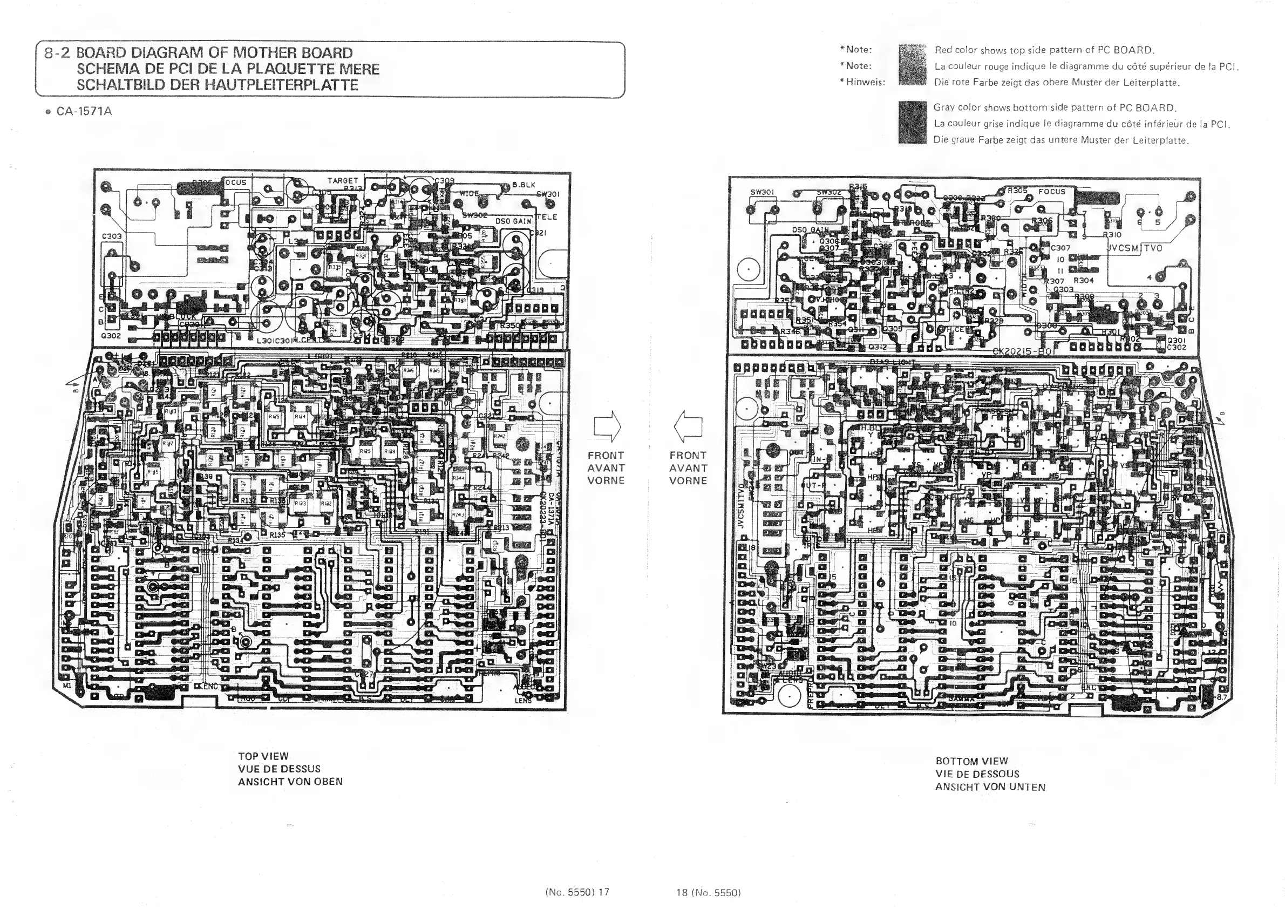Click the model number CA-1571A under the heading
(x=84, y=111)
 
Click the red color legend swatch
(x=912, y=64)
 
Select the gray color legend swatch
(x=912, y=123)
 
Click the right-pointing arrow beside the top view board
(x=607, y=426)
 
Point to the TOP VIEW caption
(x=263, y=756)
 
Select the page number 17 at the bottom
(x=603, y=892)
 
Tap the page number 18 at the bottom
(x=682, y=892)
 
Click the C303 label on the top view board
(x=111, y=236)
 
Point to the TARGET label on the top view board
(x=343, y=181)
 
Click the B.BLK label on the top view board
(x=523, y=185)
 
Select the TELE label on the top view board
(x=547, y=217)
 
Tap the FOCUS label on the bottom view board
(x=1052, y=192)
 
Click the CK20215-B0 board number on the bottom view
(x=1023, y=351)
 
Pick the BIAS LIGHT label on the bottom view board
(x=892, y=362)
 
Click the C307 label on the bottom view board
(x=1060, y=247)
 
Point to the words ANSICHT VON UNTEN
(x=990, y=787)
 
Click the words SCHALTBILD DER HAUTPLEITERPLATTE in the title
(x=217, y=85)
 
